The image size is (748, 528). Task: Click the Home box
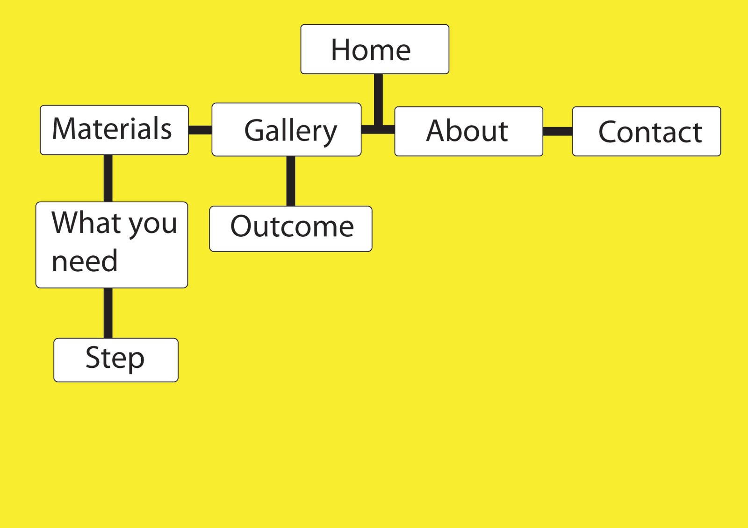coord(374,49)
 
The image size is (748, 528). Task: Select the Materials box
coord(114,130)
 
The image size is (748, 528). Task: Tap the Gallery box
coord(286,130)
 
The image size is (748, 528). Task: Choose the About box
coord(468,131)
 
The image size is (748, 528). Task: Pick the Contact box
coord(646,131)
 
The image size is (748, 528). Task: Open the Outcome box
coord(290,229)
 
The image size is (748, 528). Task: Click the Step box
coord(115,360)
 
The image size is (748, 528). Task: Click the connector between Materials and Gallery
coord(200,130)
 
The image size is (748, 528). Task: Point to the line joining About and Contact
coord(558,131)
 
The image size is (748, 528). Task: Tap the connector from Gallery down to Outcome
coord(290,181)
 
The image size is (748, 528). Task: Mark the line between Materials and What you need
coord(108,178)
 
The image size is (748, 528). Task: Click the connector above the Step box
coord(108,313)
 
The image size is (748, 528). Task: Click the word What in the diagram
coord(87,223)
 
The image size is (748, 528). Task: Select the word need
coord(85,261)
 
